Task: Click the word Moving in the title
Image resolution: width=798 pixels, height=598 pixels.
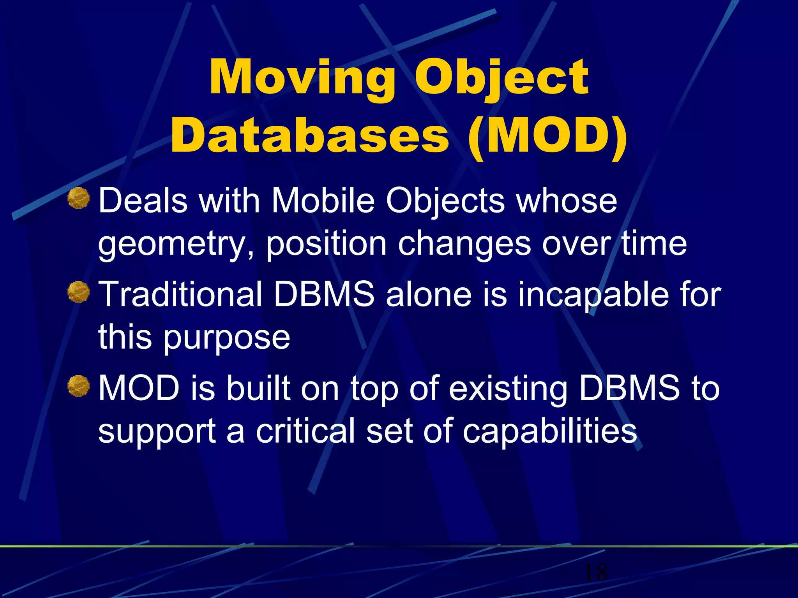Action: [x=302, y=78]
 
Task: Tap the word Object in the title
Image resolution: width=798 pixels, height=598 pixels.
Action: [x=501, y=78]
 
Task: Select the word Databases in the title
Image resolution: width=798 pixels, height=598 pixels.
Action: [x=310, y=136]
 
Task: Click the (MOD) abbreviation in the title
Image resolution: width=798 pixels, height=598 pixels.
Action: [x=547, y=136]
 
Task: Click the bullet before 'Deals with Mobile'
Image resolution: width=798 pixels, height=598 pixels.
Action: [x=79, y=198]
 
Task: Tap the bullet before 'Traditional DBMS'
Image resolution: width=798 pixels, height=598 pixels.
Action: [x=79, y=292]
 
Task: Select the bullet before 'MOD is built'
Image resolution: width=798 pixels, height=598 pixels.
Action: [x=79, y=386]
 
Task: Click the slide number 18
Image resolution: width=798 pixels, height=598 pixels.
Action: [x=596, y=572]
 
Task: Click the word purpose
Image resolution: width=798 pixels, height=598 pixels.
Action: [x=226, y=338]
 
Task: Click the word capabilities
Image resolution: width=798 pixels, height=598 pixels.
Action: [x=549, y=431]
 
